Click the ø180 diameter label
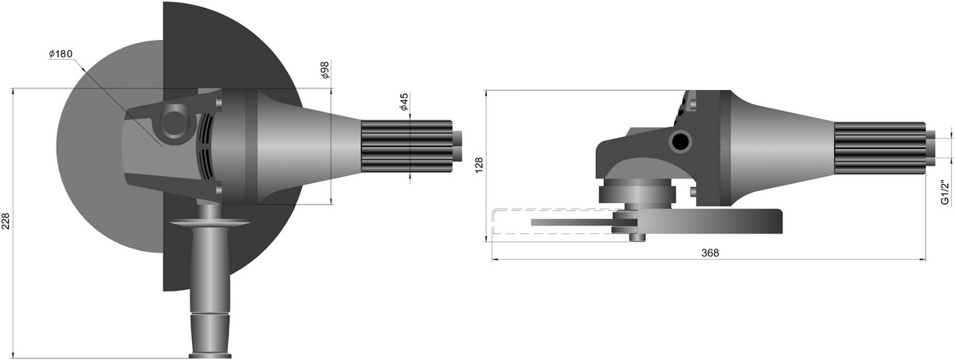coord(61,53)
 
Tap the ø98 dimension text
coord(325,70)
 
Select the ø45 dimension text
coord(404,102)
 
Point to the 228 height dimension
coord(6,221)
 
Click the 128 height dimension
coord(479,165)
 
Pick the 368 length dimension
coord(710,253)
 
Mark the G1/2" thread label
coord(946,193)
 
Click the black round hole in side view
coord(680,141)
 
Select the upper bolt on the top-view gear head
coord(219,103)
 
